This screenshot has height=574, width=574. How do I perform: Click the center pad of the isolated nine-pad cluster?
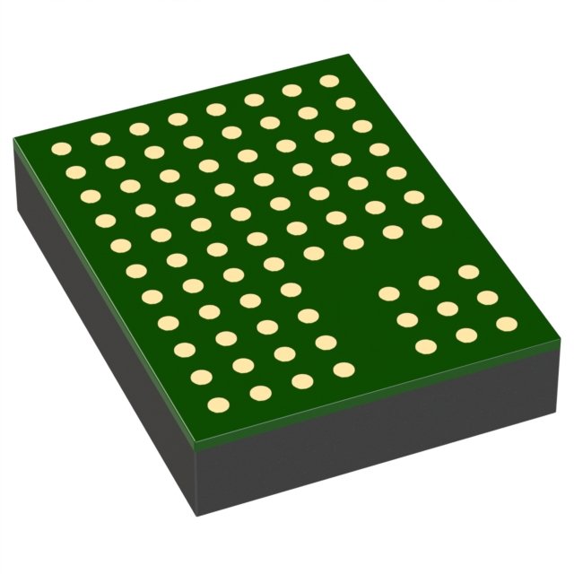click(x=448, y=309)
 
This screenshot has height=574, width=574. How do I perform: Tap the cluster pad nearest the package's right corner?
click(x=507, y=324)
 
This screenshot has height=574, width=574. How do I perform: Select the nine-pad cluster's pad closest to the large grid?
click(x=388, y=293)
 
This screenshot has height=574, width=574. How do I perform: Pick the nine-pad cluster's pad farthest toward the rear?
click(x=468, y=271)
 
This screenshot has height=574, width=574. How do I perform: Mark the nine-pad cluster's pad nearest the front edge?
click(x=426, y=346)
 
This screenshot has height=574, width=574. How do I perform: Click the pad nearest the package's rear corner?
click(x=329, y=81)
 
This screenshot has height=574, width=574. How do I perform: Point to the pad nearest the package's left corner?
click(x=62, y=149)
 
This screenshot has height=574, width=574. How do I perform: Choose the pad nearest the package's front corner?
click(x=215, y=405)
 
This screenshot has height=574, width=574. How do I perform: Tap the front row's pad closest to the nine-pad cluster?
click(x=344, y=369)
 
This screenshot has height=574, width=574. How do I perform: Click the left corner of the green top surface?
click(x=14, y=140)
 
